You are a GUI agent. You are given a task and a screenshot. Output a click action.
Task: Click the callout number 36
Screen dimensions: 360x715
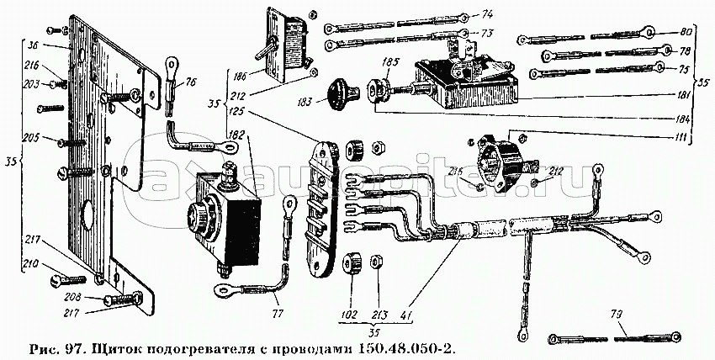pos(34,46)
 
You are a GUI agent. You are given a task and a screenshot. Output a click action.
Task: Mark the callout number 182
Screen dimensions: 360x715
pos(237,135)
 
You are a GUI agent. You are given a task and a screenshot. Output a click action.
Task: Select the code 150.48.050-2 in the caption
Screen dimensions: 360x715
pos(410,348)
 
